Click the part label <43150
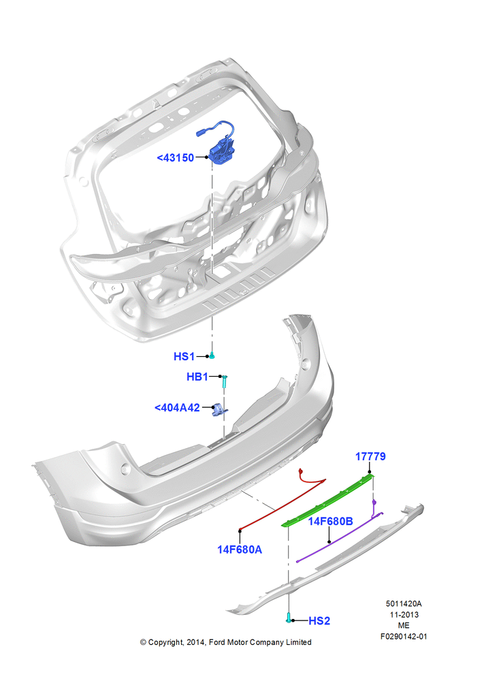point(176,158)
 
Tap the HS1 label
point(184,357)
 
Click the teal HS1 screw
point(212,356)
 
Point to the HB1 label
point(197,377)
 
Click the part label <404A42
point(177,408)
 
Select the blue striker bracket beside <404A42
point(219,409)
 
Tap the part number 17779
point(370,456)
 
